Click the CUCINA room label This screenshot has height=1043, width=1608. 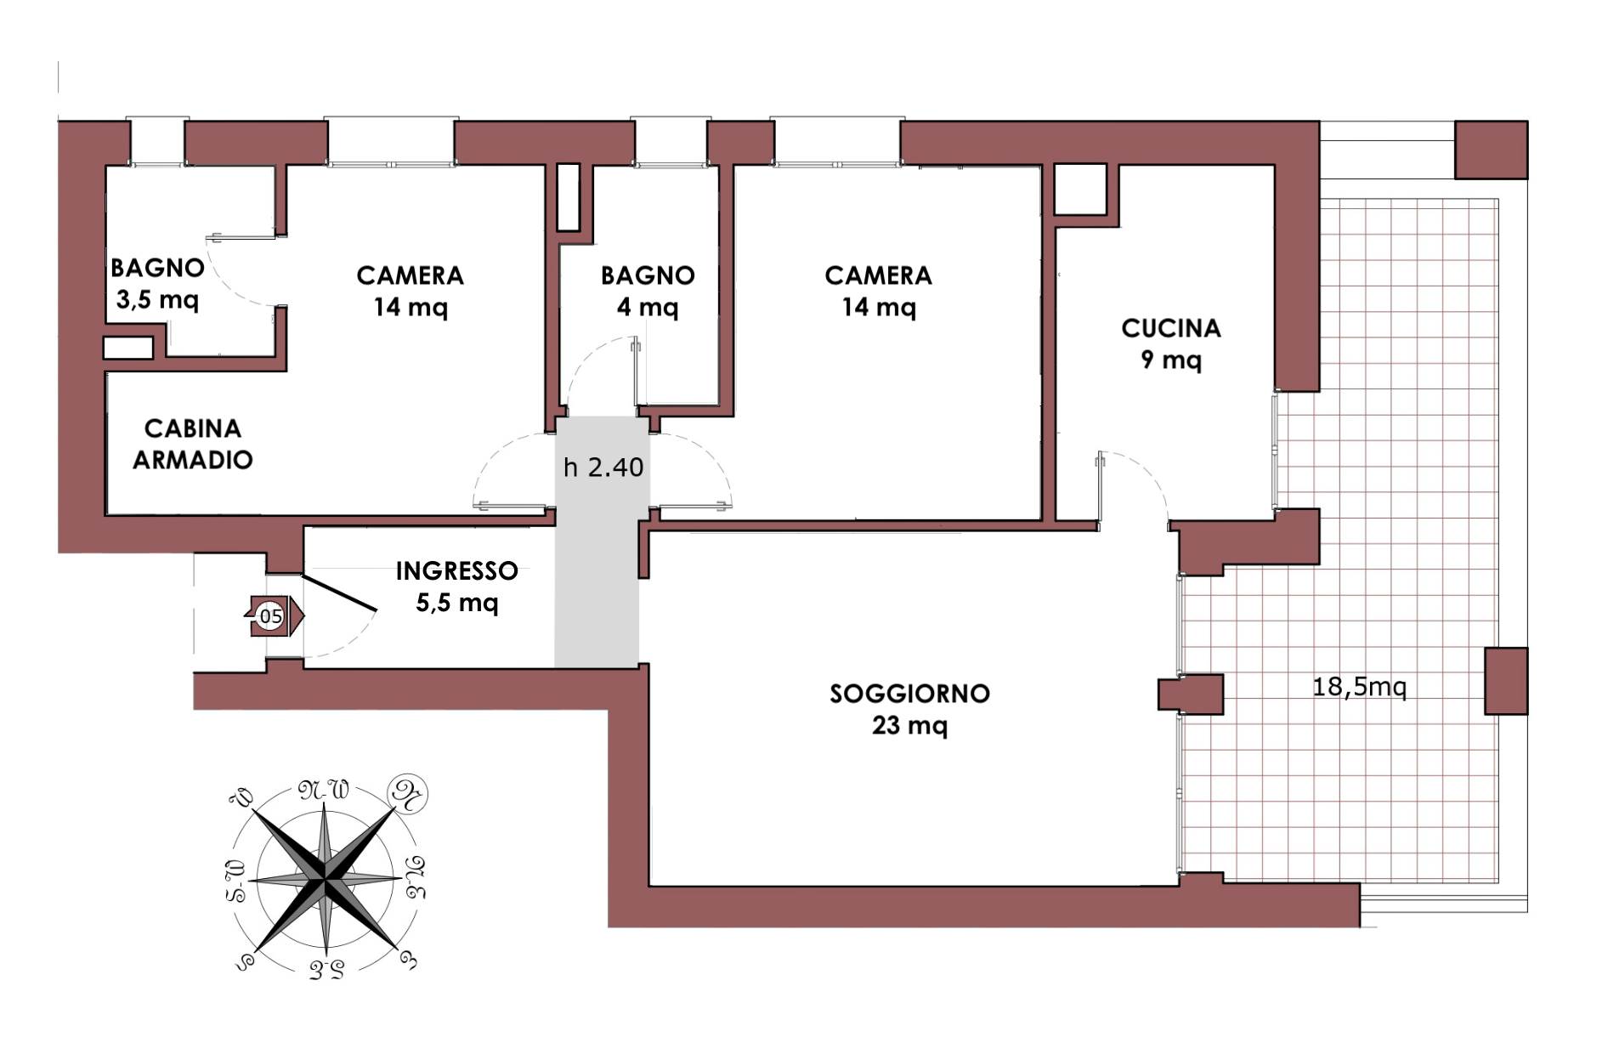pyautogui.click(x=1170, y=328)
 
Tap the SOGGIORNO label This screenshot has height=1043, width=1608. pyautogui.click(x=909, y=694)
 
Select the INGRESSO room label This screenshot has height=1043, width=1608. pyautogui.click(x=456, y=570)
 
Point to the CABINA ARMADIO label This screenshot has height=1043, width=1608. pyautogui.click(x=193, y=444)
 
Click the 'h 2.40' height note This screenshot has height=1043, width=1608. pyautogui.click(x=603, y=467)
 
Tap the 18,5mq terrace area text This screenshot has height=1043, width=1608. pyautogui.click(x=1360, y=686)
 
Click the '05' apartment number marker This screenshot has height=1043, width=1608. pyautogui.click(x=271, y=616)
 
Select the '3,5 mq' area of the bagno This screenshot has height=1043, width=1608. pyautogui.click(x=157, y=299)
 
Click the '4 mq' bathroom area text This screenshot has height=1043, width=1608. pyautogui.click(x=648, y=306)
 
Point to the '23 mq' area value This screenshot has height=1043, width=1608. pyautogui.click(x=909, y=725)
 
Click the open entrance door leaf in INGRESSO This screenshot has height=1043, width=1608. pyautogui.click(x=340, y=593)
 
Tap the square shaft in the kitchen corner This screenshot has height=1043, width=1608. pyautogui.click(x=1080, y=190)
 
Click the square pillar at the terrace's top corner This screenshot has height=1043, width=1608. pyautogui.click(x=1491, y=150)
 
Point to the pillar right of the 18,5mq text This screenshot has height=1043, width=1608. pyautogui.click(x=1506, y=681)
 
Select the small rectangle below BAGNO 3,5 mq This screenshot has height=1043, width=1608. pyautogui.click(x=128, y=348)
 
